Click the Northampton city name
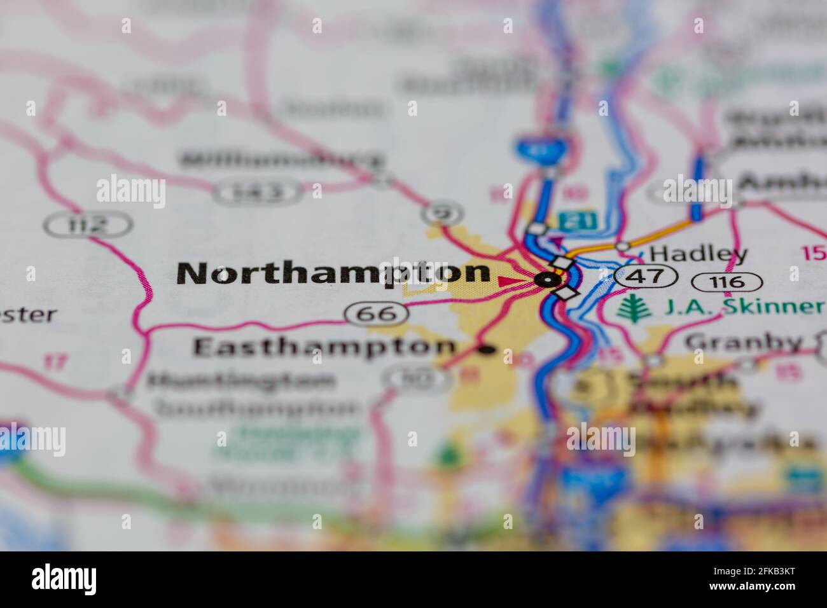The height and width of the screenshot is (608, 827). coord(333,273)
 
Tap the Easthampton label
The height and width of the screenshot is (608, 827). coord(324,347)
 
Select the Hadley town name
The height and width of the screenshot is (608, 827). coord(698,254)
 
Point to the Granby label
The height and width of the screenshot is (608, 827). coord(743,343)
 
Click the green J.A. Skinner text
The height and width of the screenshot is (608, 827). coord(742,307)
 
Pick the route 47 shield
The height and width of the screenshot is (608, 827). coord(646,276)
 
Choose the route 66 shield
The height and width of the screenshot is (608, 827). coord(376,313)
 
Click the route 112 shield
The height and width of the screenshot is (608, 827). coord(88,224)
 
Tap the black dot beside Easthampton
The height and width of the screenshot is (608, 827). coord(487,349)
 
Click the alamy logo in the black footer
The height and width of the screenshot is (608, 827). coord(64,579)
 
